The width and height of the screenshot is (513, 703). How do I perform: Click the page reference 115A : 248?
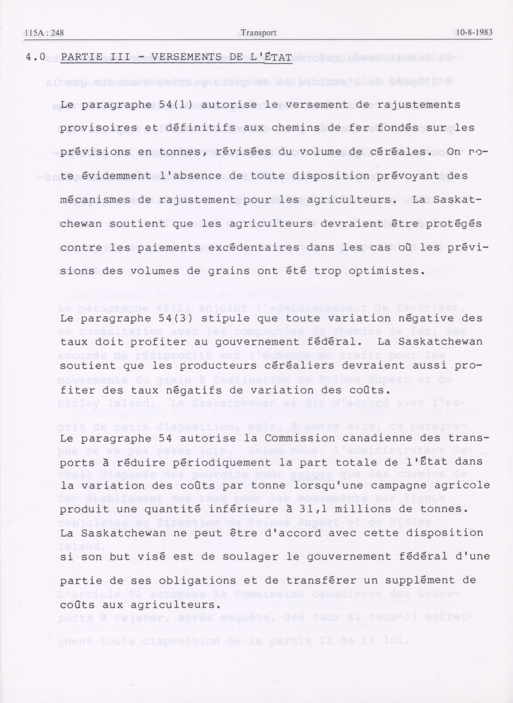tap(44, 33)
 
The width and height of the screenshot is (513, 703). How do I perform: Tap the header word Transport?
tap(258, 33)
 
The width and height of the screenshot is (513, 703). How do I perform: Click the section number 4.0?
tap(35, 57)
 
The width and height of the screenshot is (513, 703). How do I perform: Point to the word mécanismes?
tap(95, 200)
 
